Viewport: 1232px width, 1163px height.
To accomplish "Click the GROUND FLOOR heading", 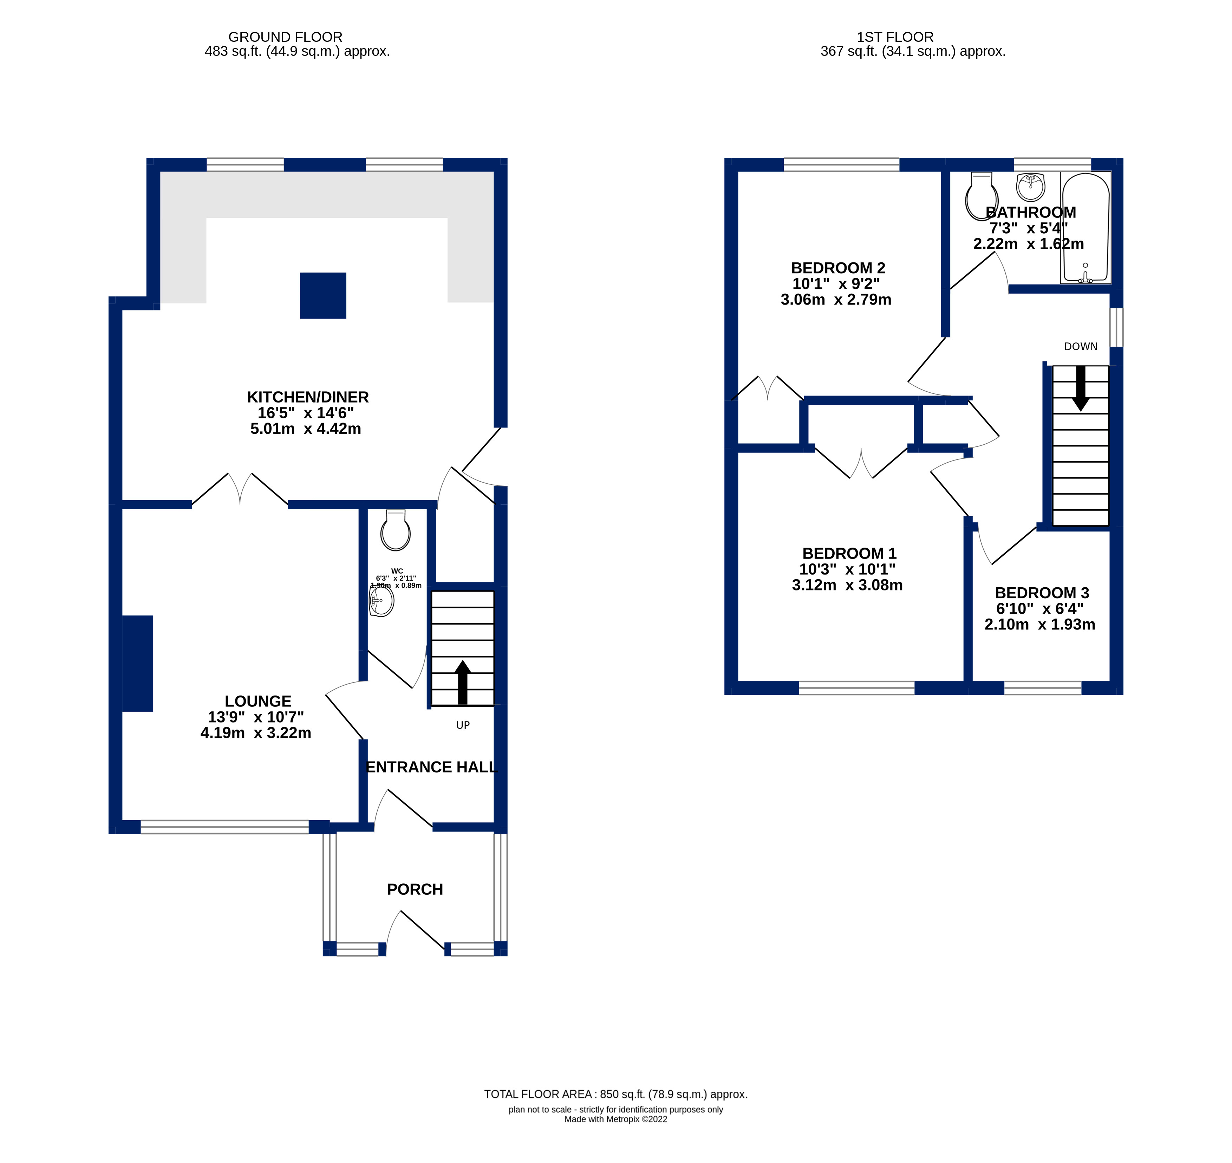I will click(285, 37).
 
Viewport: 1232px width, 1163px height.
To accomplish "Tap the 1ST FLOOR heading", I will click(895, 37).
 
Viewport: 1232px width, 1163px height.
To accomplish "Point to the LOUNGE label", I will click(258, 701).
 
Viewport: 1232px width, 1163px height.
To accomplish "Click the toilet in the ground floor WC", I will click(396, 531).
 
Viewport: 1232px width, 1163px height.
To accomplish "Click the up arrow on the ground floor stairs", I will click(463, 682).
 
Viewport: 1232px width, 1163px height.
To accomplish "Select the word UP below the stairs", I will click(463, 725).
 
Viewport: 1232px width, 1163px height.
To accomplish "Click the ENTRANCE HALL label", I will click(431, 767).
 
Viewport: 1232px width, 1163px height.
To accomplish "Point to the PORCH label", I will click(415, 890).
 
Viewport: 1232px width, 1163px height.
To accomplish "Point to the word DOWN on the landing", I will click(1081, 347).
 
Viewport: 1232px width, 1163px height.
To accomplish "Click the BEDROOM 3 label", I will click(1042, 593).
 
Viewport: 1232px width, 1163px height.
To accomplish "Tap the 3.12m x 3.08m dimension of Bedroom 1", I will click(847, 585).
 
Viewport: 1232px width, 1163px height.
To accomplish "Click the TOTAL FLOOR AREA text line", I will click(616, 1094).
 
